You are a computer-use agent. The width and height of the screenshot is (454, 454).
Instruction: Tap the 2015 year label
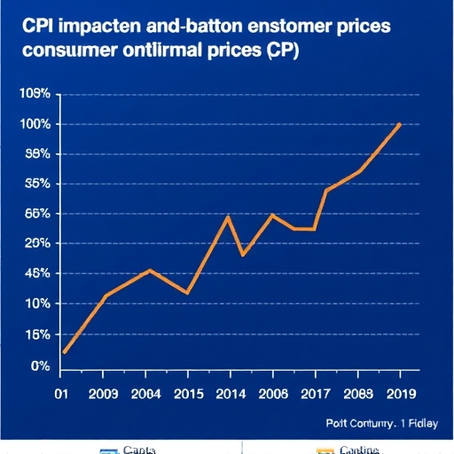[187, 395]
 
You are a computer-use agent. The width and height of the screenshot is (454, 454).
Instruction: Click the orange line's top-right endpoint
[401, 124]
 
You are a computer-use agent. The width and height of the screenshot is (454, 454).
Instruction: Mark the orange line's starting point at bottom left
[65, 352]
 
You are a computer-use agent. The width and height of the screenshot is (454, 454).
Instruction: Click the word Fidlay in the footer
[416, 422]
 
